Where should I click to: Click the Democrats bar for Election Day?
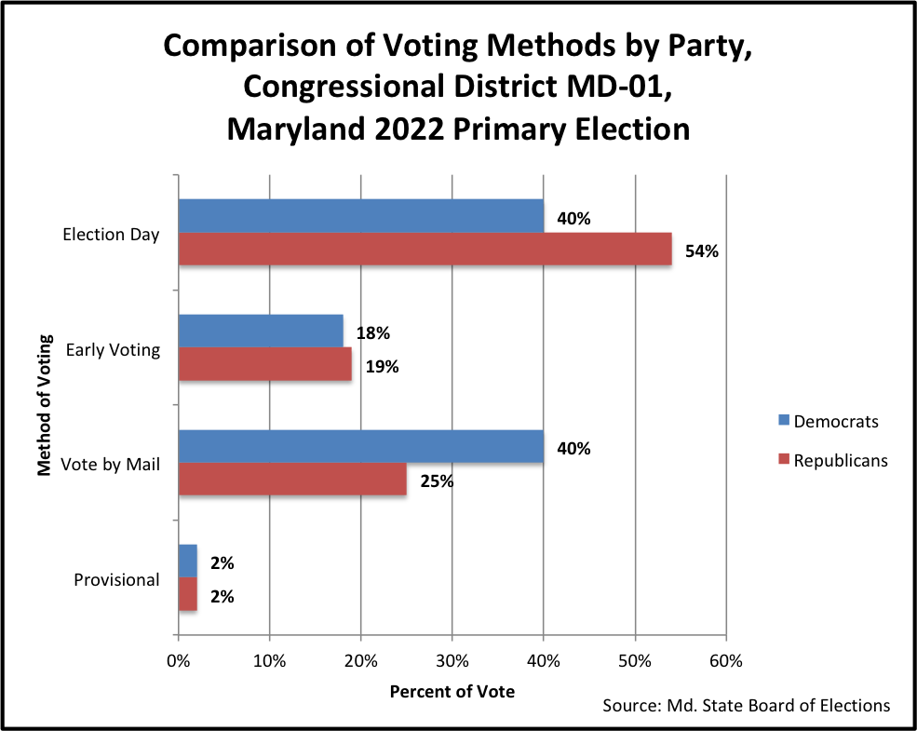pos(360,216)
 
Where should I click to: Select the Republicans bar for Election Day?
pos(425,249)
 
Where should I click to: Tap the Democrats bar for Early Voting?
pos(260,332)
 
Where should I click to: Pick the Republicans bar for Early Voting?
pos(264,364)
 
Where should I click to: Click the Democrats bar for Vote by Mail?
pos(360,447)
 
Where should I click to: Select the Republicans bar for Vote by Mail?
pos(291,480)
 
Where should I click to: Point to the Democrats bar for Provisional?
pos(187,562)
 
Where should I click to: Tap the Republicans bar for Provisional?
pos(187,594)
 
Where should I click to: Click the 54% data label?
pos(702,250)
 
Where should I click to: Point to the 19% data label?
pos(382,366)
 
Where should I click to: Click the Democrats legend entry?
pos(828,421)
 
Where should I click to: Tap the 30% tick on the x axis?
pos(452,662)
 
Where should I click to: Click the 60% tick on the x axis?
pos(725,662)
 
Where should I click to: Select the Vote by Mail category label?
pos(110,464)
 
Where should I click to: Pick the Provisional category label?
pos(116,579)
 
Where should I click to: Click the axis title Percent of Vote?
pos(452,692)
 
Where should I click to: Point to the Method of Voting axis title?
pos(44,407)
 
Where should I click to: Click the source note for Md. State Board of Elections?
pos(746,705)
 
